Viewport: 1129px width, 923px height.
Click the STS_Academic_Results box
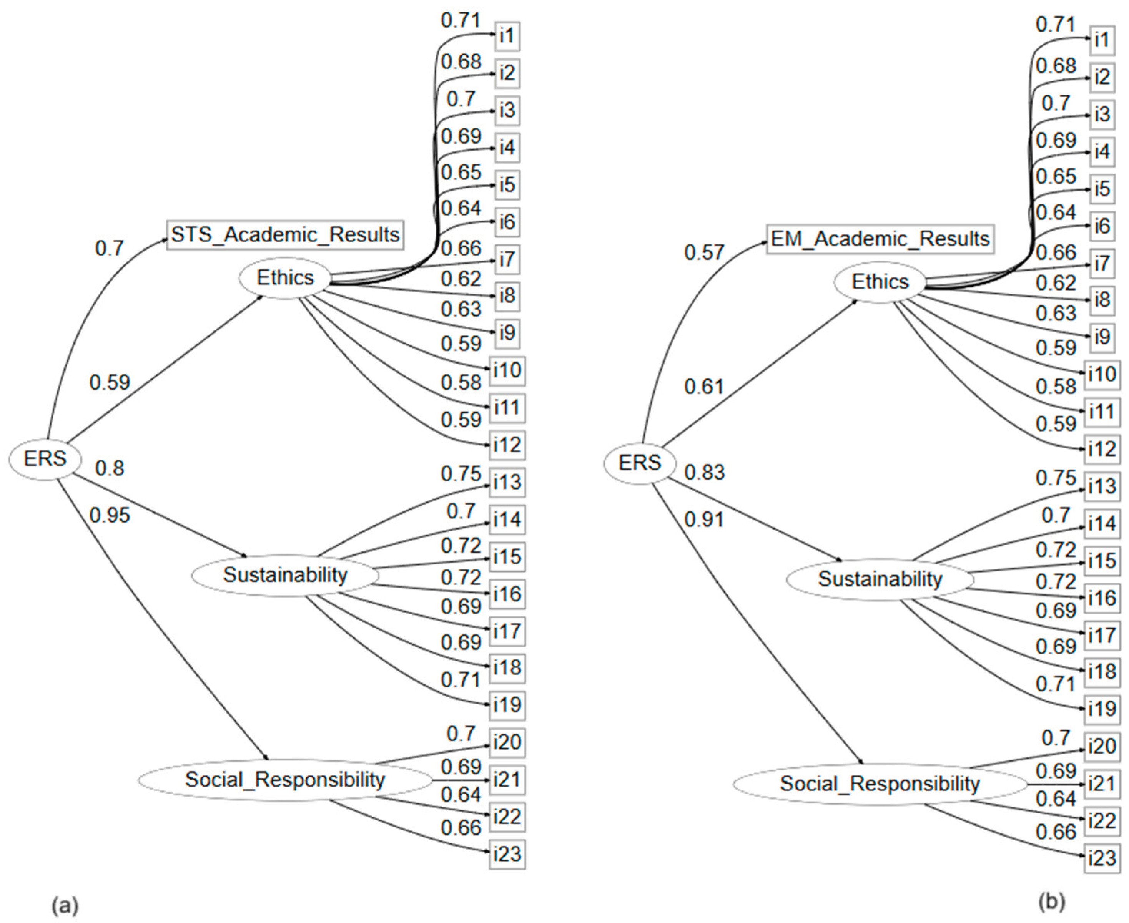(285, 234)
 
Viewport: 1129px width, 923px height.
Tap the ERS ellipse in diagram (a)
(45, 458)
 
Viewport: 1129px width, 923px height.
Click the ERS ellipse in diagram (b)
(640, 463)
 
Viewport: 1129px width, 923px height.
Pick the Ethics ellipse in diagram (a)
(285, 277)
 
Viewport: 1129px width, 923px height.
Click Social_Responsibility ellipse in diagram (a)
(285, 779)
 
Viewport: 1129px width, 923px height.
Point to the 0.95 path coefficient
(110, 515)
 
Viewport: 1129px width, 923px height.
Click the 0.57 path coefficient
(704, 252)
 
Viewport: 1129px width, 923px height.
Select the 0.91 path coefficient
(704, 520)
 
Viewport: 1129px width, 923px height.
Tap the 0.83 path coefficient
(704, 472)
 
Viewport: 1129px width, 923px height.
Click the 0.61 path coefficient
(704, 387)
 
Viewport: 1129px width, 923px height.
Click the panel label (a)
(65, 905)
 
